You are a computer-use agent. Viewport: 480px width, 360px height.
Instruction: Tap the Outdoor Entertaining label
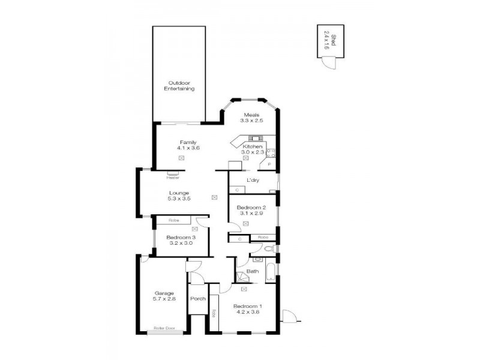[180, 86]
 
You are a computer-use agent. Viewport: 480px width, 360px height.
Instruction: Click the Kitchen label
[252, 146]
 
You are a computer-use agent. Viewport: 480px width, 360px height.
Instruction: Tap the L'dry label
[253, 180]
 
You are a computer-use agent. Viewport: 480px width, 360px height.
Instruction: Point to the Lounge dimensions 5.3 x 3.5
[179, 199]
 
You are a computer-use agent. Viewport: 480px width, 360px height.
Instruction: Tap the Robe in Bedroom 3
[174, 221]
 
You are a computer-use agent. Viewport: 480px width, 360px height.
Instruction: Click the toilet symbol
[269, 248]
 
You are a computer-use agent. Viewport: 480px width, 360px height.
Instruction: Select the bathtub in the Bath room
[271, 272]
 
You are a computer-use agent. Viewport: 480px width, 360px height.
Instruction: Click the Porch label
[198, 299]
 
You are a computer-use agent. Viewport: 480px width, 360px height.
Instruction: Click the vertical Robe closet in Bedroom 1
[214, 313]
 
